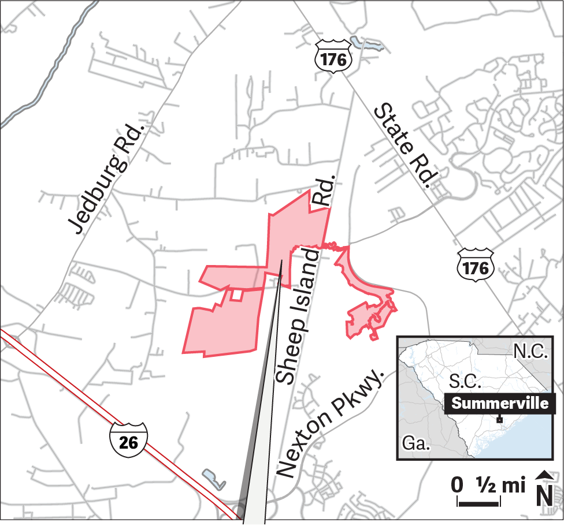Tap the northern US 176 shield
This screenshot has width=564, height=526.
click(333, 57)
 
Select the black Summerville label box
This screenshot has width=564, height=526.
click(500, 403)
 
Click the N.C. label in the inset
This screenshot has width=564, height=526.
click(530, 352)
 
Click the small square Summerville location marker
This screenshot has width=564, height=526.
click(499, 420)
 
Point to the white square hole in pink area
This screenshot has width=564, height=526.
click(236, 294)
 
